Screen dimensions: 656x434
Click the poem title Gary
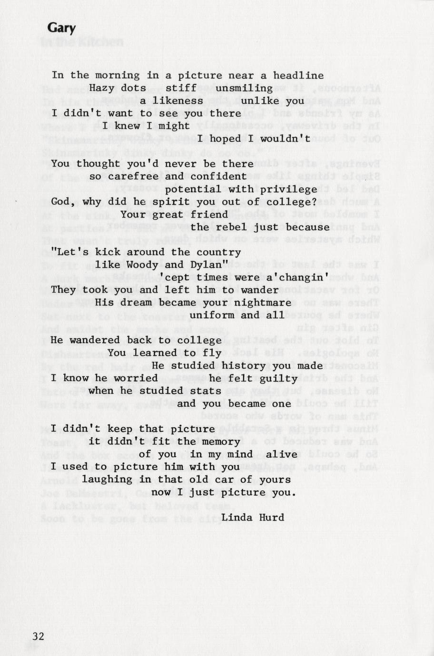coord(61,28)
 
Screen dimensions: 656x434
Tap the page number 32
coord(38,636)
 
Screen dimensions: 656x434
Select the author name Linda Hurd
coord(253,517)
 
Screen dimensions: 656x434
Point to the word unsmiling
coord(244,88)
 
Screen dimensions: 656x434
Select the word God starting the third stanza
coord(60,202)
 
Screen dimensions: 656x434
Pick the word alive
coord(281,454)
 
